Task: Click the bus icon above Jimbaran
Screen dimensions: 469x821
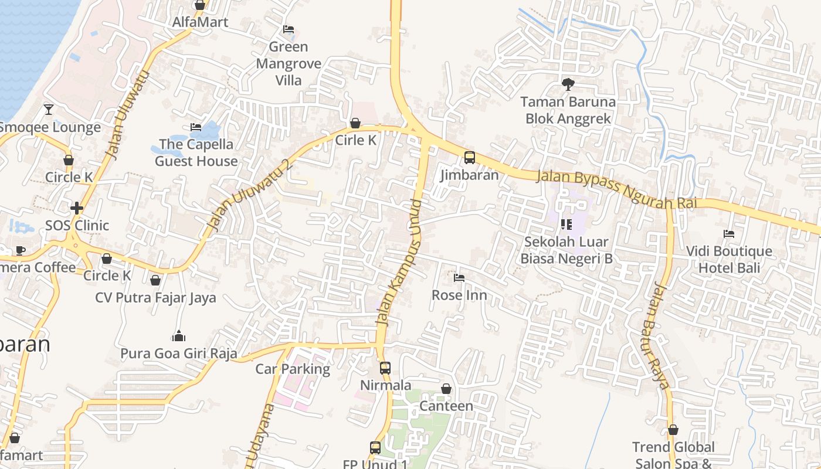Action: [470, 157]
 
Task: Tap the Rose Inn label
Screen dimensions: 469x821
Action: [459, 295]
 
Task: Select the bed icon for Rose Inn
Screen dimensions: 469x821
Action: [459, 277]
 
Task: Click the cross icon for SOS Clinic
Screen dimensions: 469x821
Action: [76, 208]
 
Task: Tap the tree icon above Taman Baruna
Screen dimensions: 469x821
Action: [568, 84]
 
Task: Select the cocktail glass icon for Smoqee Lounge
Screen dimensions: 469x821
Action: [49, 109]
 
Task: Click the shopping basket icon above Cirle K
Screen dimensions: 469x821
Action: [355, 123]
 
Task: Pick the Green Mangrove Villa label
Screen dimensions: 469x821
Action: [289, 63]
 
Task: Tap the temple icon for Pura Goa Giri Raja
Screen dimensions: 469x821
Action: [179, 336]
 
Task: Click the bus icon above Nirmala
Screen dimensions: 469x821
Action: [385, 368]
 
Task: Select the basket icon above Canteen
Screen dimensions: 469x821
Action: [446, 389]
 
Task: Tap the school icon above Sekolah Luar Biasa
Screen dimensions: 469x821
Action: [566, 224]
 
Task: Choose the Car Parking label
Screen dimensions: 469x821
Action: [293, 369]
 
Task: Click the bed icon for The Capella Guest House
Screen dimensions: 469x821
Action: [196, 127]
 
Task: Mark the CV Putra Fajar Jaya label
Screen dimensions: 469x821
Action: [155, 298]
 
